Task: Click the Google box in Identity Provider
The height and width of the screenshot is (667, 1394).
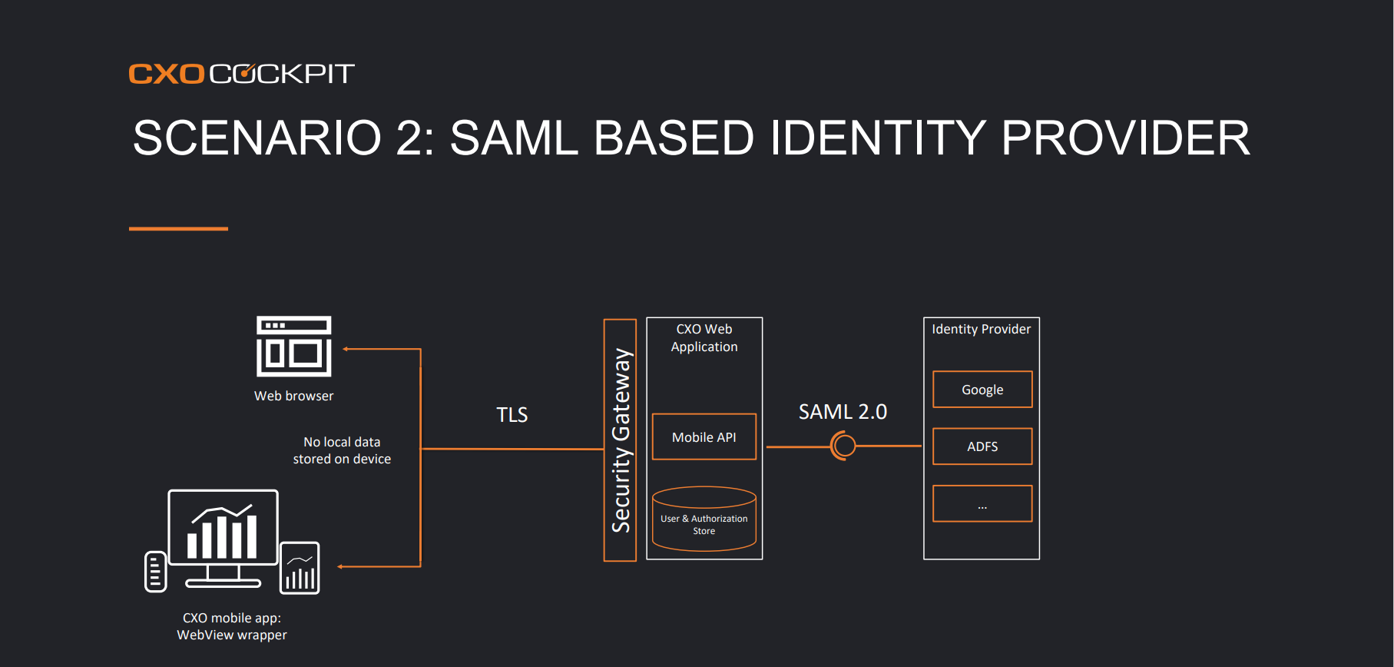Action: [x=982, y=390]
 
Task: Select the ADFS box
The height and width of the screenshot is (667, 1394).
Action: [x=982, y=446]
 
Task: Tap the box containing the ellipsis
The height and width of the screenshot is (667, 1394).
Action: [x=982, y=503]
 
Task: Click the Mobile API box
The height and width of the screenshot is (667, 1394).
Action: [x=704, y=436]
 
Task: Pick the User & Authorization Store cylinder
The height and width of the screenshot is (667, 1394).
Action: [x=704, y=519]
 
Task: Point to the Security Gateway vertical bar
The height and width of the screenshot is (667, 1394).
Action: [x=620, y=440]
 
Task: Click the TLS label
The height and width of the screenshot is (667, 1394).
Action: [x=512, y=415]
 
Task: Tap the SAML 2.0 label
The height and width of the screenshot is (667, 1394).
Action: [x=843, y=412]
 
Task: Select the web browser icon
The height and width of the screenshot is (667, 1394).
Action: [x=294, y=346]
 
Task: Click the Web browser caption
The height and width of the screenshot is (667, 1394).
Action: [x=294, y=396]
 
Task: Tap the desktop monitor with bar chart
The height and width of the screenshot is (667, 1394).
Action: [x=223, y=538]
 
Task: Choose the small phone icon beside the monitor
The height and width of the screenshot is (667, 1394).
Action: [x=155, y=572]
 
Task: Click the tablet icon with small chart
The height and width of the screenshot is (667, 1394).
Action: [x=300, y=568]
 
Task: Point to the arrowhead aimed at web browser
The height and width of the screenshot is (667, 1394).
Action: [x=346, y=349]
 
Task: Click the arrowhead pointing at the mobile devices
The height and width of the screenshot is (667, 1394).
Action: [x=340, y=567]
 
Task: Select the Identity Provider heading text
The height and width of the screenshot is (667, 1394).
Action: [x=982, y=329]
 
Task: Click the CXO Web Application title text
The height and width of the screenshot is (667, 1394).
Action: [x=704, y=338]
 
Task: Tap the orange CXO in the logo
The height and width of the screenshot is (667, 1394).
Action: [x=167, y=74]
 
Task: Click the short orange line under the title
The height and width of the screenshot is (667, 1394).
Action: [x=178, y=228]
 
